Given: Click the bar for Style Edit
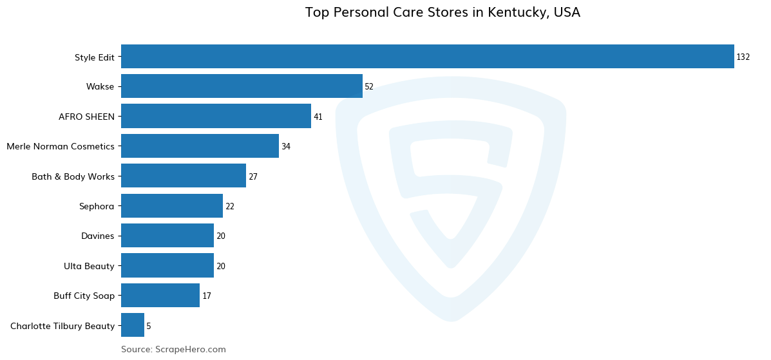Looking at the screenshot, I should pos(427,57).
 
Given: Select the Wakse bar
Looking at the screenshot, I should pos(242,86).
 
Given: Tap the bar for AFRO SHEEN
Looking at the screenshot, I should pos(216,117).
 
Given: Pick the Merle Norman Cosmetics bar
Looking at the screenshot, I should pos(200,146).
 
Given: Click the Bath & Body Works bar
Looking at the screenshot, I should pos(184,176).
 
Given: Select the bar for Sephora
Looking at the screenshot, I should pos(172,206).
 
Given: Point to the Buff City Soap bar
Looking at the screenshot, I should pos(160,296).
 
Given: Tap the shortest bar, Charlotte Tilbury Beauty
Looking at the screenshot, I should pos(133,325).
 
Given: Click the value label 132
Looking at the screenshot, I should pos(743,57).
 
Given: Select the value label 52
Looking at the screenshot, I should pos(369,87).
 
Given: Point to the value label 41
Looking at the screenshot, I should pos(318,117).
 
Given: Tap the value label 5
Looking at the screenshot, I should pos(149,327).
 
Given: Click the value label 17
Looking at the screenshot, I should pos(207,296).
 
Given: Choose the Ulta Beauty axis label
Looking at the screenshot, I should pos(89,266).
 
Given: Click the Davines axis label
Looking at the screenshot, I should pos(97,236).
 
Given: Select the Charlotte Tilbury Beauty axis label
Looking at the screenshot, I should pos(62,326).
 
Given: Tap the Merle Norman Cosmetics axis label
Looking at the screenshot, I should pos(61,147).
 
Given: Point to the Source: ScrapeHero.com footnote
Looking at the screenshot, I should pos(173,349).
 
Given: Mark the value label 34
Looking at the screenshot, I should pos(286,147).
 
